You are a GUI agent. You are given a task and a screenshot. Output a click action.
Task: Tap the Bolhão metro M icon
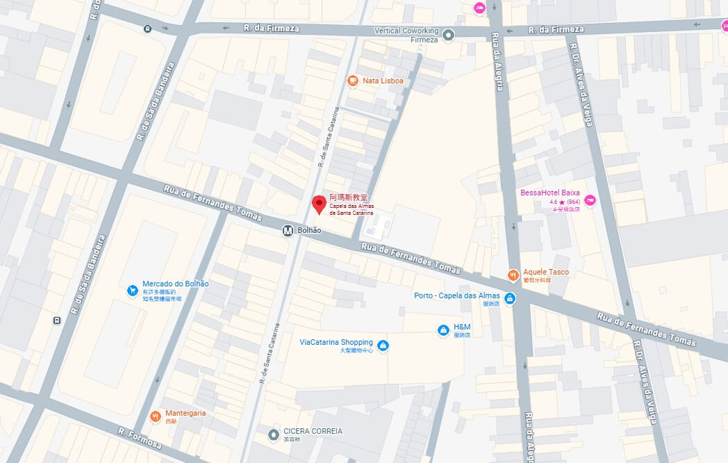(288, 231)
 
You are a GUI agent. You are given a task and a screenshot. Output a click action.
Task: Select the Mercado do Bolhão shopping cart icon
(132, 291)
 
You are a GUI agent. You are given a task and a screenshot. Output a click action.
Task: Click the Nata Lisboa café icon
(353, 81)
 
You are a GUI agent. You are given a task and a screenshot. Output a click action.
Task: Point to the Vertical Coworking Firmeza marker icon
(449, 35)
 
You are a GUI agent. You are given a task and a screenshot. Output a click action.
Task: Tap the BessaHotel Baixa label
(549, 193)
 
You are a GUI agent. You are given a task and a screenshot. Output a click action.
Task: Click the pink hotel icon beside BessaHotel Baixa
(590, 201)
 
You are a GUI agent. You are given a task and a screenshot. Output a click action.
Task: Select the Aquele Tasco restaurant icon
(513, 275)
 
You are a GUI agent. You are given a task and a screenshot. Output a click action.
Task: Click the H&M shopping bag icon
(442, 331)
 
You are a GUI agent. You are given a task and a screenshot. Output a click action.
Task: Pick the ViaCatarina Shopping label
(336, 342)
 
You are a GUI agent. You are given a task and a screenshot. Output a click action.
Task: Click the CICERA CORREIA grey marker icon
(274, 435)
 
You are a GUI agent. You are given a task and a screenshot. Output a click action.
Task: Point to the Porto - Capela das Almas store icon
(510, 299)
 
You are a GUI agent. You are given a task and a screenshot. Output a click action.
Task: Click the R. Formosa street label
(139, 439)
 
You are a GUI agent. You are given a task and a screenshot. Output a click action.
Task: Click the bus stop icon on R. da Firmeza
(147, 29)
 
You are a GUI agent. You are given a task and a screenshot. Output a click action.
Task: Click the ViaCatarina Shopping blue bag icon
(383, 346)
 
